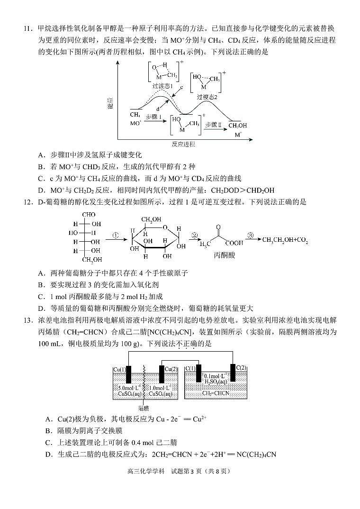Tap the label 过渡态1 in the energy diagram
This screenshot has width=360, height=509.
pos(162,86)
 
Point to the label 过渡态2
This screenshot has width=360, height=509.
pos(207,97)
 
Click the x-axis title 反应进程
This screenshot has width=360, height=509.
pos(184,144)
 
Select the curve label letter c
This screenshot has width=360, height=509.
pos(181,87)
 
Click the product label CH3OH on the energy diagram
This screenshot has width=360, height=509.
pos(237,126)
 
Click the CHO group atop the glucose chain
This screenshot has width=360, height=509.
pos(89,215)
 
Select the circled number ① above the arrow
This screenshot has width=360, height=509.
pos(116,235)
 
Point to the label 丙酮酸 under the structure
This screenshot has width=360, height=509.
pos(224,255)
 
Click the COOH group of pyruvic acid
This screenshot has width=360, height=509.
pos(234,243)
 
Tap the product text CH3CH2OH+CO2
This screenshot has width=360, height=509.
pos(285,240)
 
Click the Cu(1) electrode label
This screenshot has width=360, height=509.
pos(120,370)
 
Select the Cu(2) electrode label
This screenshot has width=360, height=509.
pos(171,369)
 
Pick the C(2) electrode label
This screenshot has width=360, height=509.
pos(241,368)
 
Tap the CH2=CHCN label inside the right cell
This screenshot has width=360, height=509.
pos(216,393)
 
